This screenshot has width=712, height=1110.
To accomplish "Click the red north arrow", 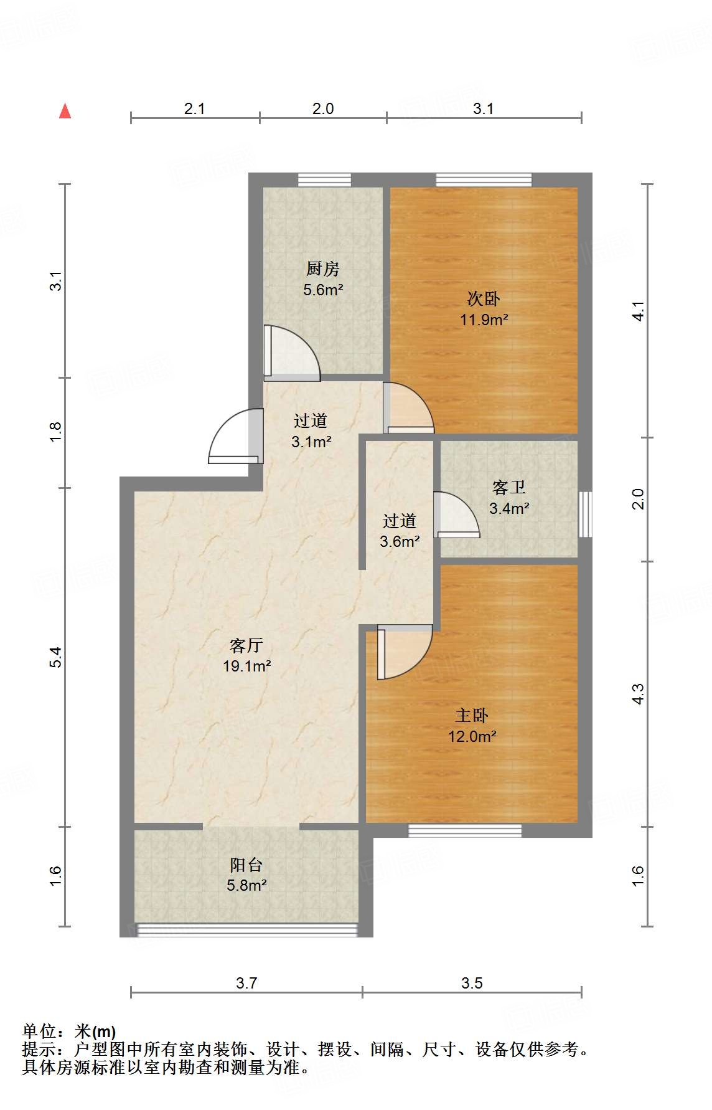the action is (65, 111).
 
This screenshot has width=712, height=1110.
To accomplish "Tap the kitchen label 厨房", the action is (323, 268).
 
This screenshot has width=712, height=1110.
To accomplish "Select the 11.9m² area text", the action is (484, 320).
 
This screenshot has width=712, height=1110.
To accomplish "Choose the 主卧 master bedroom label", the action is (472, 715).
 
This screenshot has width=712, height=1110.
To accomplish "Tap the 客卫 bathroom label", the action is (509, 487).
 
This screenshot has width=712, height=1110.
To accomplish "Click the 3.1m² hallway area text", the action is (311, 442).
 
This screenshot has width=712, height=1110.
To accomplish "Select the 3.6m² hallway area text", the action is (400, 541).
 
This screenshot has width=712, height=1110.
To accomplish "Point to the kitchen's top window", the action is (324, 180).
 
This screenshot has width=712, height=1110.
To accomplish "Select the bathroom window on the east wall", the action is (585, 514).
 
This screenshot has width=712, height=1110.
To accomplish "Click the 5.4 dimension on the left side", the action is (56, 657).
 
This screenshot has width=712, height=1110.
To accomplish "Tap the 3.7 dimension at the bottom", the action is (246, 983).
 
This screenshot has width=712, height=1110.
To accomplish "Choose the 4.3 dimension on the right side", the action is (638, 694).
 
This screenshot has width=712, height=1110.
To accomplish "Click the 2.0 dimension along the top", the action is (323, 108).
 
